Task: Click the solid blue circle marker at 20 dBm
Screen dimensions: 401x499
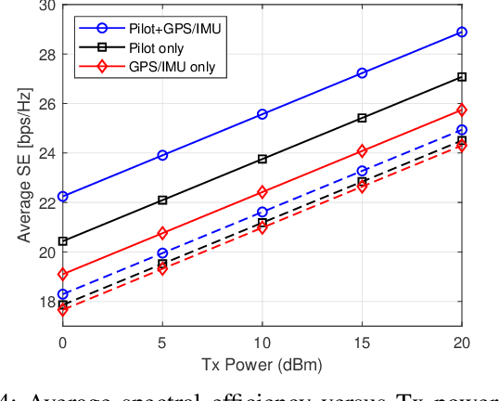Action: pyautogui.click(x=462, y=32)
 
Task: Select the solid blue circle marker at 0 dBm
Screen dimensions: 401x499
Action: pyautogui.click(x=62, y=197)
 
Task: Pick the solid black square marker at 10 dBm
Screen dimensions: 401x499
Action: pyautogui.click(x=262, y=159)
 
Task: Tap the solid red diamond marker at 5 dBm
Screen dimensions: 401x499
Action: pyautogui.click(x=162, y=233)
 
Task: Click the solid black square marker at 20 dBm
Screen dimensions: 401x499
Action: pyautogui.click(x=462, y=77)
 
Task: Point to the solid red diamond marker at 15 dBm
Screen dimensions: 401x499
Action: pyautogui.click(x=362, y=150)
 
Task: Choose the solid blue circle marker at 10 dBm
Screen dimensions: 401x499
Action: pyautogui.click(x=262, y=114)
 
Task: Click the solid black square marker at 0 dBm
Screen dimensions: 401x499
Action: pyautogui.click(x=62, y=241)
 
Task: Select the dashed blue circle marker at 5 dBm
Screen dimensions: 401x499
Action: pyautogui.click(x=162, y=252)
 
